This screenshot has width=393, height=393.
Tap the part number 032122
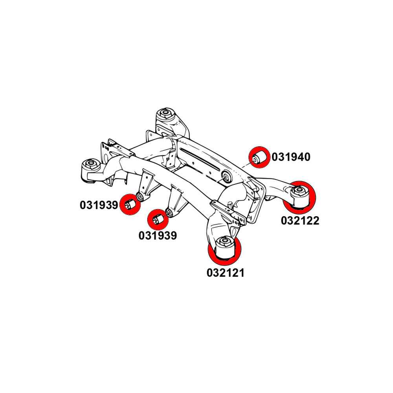coord(300,220)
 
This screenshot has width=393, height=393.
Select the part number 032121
coord(226,272)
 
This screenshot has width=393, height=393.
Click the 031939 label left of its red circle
coord(99,205)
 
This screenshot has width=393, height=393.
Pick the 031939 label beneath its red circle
coord(157,236)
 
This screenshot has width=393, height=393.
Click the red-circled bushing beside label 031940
coord(260,157)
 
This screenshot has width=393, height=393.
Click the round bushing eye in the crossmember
coord(227,177)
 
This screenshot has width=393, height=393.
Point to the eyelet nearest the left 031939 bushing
coord(140,195)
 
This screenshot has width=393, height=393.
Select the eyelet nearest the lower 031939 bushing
coord(169,213)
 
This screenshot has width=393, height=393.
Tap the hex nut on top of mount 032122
coord(299,191)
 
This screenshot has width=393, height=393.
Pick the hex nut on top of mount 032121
coord(224,241)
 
